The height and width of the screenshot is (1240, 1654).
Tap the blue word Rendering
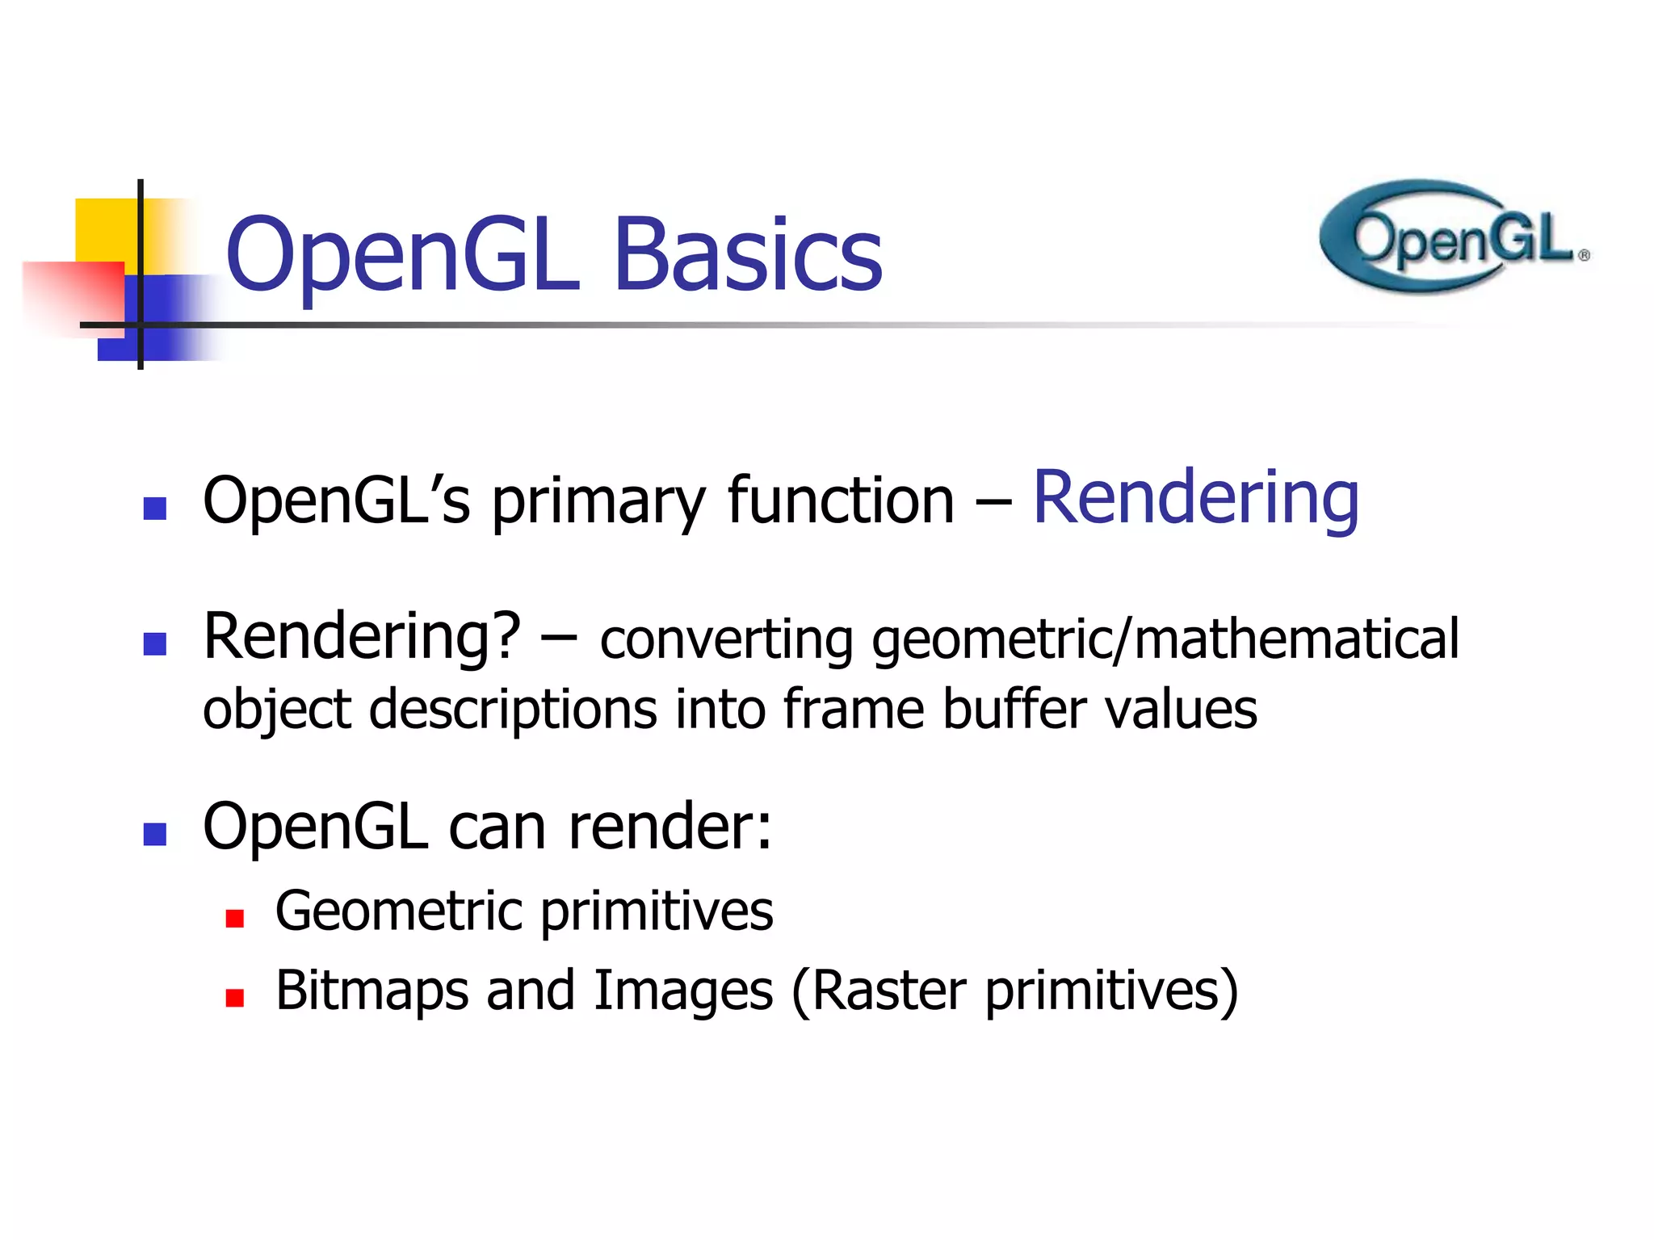[x=1195, y=498]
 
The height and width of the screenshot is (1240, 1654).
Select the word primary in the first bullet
[x=598, y=502]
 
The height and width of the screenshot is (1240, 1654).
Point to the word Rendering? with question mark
[x=362, y=638]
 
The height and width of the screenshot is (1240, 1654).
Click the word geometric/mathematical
[x=1165, y=639]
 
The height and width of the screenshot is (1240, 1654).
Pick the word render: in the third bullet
[x=670, y=827]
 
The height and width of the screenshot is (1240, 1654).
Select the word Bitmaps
[x=372, y=991]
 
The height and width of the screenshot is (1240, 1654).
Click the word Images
[x=683, y=991]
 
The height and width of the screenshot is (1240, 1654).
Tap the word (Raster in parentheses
[x=878, y=991]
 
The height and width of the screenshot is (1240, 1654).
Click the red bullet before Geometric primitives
[x=235, y=919]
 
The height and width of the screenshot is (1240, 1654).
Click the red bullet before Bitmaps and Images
[x=235, y=999]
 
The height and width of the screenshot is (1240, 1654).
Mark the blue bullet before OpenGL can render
[x=154, y=834]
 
